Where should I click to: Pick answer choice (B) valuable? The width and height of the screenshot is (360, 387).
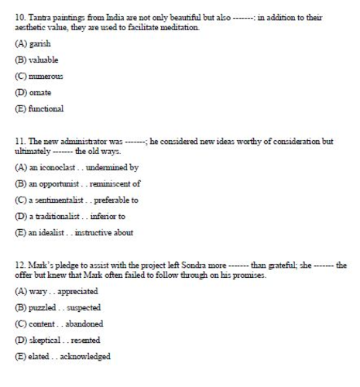coord(36,60)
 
